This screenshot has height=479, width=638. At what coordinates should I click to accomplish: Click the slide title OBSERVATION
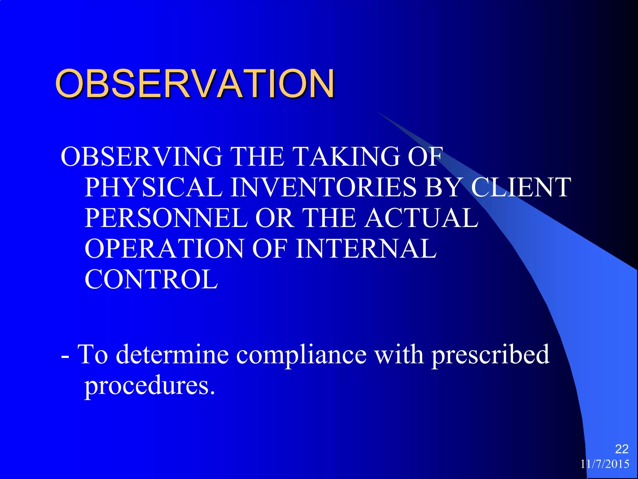coord(195,84)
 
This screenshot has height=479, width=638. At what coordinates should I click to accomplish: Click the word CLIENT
coord(521,187)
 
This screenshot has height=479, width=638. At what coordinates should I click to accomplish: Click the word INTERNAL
coord(366,249)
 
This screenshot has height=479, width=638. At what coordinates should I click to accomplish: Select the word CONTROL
coord(151,279)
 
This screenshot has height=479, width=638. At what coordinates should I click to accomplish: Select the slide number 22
coord(621,449)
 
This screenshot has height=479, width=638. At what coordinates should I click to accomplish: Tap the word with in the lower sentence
coord(399,355)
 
